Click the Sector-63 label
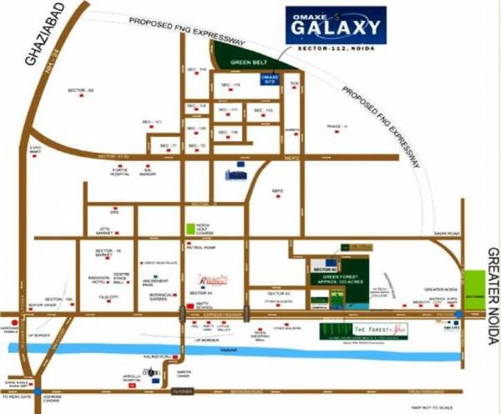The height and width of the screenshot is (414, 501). (86, 90)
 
